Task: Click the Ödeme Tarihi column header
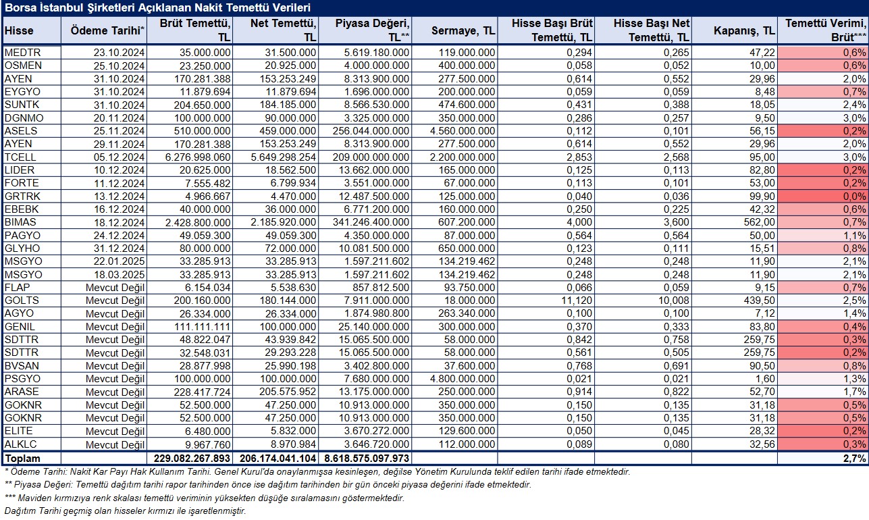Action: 107,30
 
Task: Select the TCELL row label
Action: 20,157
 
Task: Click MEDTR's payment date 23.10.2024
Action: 119,53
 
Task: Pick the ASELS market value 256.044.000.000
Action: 371,131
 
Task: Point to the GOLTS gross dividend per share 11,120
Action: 576,301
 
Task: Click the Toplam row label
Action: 22,459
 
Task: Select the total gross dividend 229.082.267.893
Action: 192,459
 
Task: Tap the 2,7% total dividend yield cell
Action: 855,459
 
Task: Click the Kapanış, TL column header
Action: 745,30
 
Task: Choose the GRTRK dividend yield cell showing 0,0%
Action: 855,197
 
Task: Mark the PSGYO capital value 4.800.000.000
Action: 463,379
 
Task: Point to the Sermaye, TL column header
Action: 464,30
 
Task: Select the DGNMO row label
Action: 24,118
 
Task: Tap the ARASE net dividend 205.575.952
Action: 288,392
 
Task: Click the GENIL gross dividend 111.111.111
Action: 202,327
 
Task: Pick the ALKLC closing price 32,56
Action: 762,444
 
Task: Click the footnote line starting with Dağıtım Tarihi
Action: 125,511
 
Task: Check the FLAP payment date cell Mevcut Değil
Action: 115,288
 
